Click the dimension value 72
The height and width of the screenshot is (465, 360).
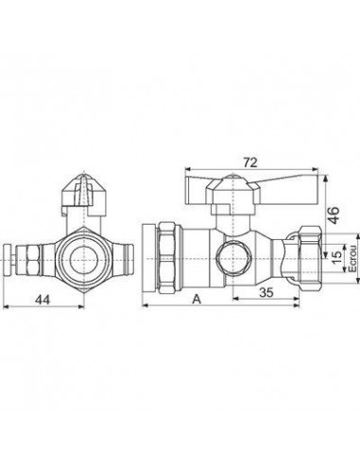[x=250, y=163]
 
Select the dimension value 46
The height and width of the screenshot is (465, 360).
[x=334, y=215]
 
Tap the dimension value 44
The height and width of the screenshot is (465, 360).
[x=43, y=300]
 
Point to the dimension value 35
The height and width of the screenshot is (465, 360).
[x=266, y=292]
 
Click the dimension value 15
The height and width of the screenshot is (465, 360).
[x=336, y=258]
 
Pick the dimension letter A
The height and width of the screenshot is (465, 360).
[x=197, y=299]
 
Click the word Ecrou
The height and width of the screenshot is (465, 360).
[x=352, y=259]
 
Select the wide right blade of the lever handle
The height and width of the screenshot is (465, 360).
[x=290, y=190]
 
